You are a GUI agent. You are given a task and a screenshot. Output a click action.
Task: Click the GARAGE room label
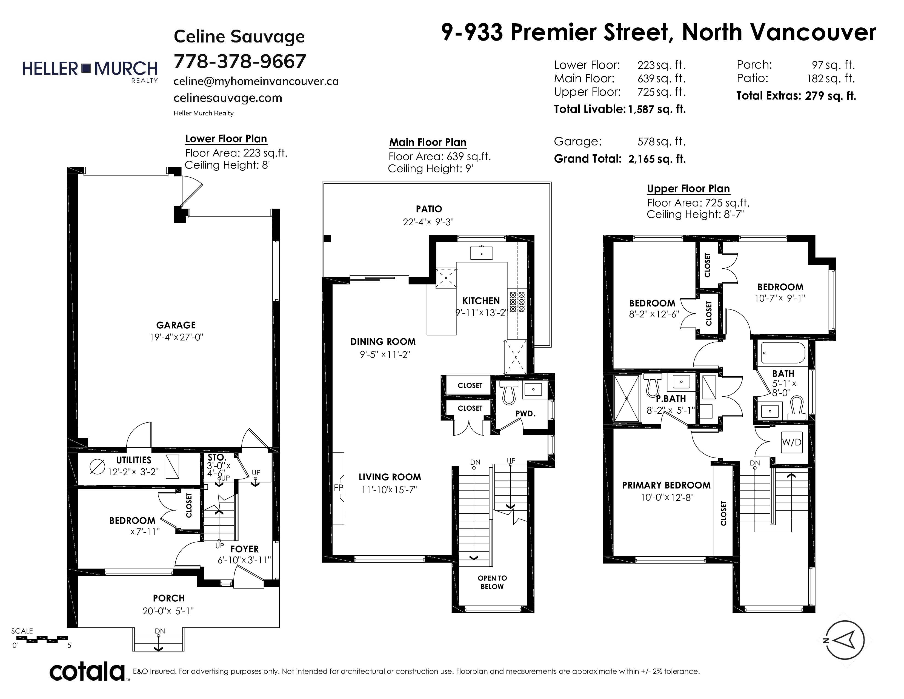point(176,325)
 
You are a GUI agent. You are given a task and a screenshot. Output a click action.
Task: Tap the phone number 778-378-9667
point(240,62)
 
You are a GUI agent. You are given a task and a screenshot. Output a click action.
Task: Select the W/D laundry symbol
point(791,442)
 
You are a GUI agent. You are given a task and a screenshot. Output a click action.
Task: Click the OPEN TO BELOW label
point(492,582)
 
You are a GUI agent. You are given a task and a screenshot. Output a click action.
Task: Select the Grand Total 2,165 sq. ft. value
point(657,159)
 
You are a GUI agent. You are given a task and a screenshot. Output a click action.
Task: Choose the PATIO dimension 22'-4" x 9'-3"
point(428,222)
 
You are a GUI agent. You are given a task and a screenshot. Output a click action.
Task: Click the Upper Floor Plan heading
point(688,189)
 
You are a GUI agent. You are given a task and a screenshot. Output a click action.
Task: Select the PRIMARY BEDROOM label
point(666,485)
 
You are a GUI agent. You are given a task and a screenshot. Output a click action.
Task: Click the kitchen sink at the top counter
point(481,253)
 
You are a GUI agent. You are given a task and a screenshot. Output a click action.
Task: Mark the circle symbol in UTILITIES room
point(97,467)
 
